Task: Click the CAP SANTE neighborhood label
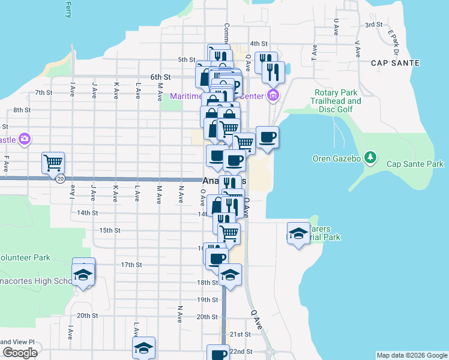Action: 395,63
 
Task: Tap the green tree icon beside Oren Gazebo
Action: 372,158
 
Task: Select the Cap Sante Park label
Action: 415,164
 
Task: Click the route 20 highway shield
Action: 60,179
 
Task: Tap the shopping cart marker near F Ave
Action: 53,162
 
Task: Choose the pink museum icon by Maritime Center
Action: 273,95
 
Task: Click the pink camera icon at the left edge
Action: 25,139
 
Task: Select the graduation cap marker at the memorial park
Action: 298,233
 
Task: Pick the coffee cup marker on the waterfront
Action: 267,137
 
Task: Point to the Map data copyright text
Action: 411,355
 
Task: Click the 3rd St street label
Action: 374,25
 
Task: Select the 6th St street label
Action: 161,77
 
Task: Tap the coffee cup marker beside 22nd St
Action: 218,353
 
